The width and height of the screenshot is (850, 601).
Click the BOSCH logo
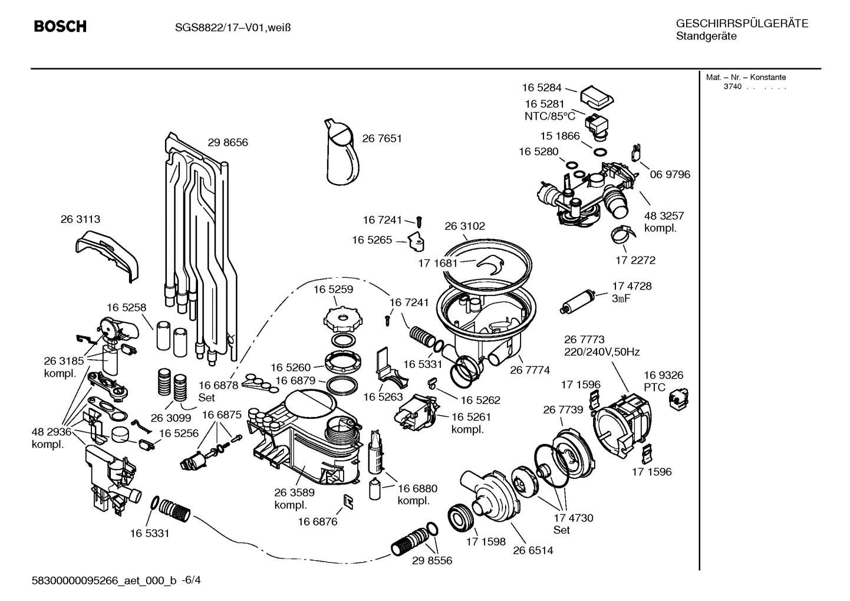pos(60,27)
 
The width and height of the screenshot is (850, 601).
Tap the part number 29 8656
pos(228,142)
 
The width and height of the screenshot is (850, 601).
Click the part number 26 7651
pos(381,139)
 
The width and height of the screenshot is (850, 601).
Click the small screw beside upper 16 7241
pos(419,221)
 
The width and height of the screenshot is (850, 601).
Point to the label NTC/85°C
pos(549,116)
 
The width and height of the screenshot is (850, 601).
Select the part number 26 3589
pos(294,492)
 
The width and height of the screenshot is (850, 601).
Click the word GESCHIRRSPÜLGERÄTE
pos(742,24)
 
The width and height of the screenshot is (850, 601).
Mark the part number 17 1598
pos(486,541)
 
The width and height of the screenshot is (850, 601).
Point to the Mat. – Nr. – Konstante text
pos(746,77)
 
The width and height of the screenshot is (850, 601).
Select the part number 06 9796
pos(670,174)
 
